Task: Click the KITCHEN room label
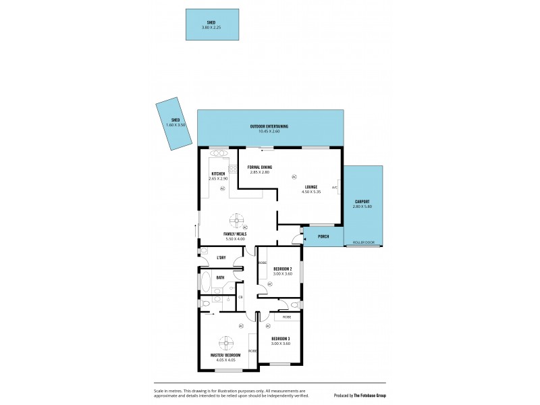(x=218, y=173)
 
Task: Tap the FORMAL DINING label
(x=259, y=167)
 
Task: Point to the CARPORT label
(x=362, y=201)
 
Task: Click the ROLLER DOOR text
(x=363, y=242)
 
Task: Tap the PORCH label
(x=323, y=237)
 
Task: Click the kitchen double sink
(x=220, y=153)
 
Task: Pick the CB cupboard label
(x=240, y=296)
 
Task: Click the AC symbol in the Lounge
(x=294, y=177)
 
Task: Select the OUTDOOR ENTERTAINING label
(x=269, y=126)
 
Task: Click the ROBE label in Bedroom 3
(x=287, y=316)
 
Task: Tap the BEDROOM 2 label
(x=282, y=269)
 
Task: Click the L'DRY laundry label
(x=220, y=257)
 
